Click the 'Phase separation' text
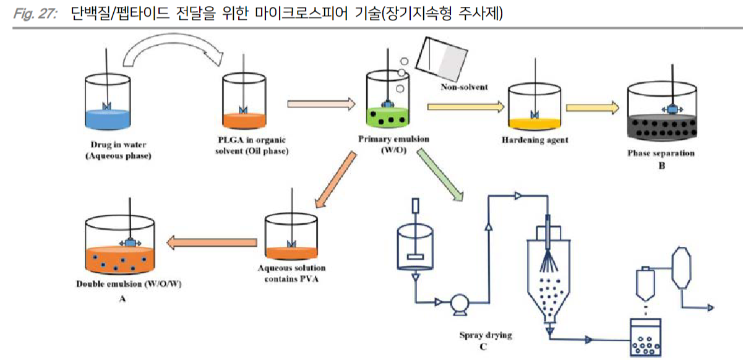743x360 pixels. point(661,153)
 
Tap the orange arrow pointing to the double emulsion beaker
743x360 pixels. point(207,242)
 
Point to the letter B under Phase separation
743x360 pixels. point(661,165)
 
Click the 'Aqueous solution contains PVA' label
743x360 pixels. point(292,273)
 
